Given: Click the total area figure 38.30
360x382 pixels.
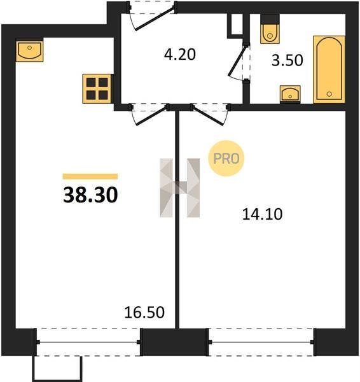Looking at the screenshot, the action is tap(90, 195).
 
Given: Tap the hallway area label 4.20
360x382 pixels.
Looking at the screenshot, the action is tap(180, 54).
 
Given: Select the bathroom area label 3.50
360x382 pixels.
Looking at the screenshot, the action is tap(287, 60).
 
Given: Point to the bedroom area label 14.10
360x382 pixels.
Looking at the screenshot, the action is tap(263, 215).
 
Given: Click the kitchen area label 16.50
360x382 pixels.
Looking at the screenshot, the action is tap(144, 313).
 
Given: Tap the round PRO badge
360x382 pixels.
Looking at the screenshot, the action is tap(226, 159).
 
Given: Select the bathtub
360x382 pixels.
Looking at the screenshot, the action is tap(329, 69).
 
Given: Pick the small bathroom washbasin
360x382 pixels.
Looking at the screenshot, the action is tap(290, 94).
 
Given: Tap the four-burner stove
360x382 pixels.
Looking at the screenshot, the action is tap(97, 88).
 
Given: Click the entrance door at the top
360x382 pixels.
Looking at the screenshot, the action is tap(152, 17).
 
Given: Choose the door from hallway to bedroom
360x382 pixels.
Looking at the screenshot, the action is tap(210, 114).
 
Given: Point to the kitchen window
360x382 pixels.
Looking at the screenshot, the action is tap(88, 342).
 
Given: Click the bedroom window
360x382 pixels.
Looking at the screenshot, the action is tap(261, 342).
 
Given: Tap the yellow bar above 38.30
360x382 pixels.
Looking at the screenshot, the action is tap(90, 176).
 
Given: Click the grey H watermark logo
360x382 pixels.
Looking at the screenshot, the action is tap(180, 188).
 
